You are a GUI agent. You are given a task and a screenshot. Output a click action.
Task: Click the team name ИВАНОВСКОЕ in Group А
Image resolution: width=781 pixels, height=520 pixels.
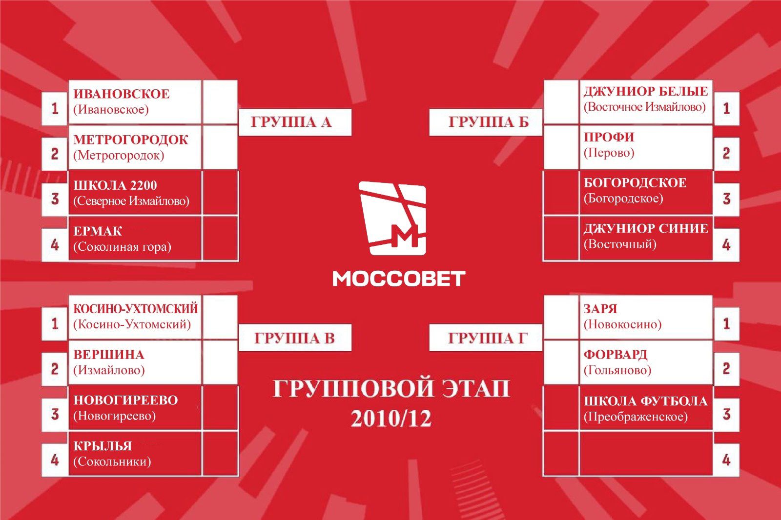click(122, 94)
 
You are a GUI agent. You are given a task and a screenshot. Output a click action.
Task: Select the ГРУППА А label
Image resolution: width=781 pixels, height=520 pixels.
click(291, 122)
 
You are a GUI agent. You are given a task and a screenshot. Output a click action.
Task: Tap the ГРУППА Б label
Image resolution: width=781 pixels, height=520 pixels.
click(489, 122)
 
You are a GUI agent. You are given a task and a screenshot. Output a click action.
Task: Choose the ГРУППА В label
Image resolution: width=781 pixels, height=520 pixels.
click(294, 338)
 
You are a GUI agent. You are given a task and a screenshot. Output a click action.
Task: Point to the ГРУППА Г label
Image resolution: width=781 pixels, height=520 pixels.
click(488, 338)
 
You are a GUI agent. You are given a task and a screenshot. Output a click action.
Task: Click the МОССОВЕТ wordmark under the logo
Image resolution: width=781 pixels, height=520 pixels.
click(399, 279)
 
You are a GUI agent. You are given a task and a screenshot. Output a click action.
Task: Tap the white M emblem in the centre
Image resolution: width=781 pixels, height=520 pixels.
click(392, 218)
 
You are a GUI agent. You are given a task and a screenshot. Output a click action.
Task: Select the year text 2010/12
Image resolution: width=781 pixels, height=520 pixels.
click(391, 418)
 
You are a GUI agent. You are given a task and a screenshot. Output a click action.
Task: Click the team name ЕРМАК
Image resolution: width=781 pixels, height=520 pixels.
click(98, 231)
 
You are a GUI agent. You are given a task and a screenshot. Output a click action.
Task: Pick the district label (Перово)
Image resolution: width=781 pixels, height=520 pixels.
click(609, 153)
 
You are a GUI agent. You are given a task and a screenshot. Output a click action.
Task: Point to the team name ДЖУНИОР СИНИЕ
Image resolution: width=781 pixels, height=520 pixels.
click(646, 229)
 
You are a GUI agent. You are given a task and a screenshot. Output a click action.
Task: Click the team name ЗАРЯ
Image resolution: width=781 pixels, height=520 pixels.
click(600, 309)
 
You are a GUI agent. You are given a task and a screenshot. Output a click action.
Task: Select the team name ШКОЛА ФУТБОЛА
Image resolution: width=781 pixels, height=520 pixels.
click(646, 401)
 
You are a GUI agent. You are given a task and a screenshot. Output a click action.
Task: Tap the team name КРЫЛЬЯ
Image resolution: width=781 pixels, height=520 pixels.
click(103, 446)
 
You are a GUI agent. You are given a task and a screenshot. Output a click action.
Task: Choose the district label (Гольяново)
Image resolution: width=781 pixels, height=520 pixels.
click(617, 370)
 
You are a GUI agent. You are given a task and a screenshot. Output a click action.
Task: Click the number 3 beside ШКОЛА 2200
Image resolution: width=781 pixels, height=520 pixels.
click(55, 199)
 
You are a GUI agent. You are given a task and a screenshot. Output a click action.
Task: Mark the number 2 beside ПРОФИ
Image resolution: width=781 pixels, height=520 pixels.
click(726, 154)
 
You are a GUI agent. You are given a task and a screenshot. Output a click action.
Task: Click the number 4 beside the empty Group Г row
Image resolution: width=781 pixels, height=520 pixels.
click(726, 460)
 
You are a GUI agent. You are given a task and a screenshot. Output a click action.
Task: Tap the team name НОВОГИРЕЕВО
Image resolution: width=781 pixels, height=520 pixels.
click(125, 400)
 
